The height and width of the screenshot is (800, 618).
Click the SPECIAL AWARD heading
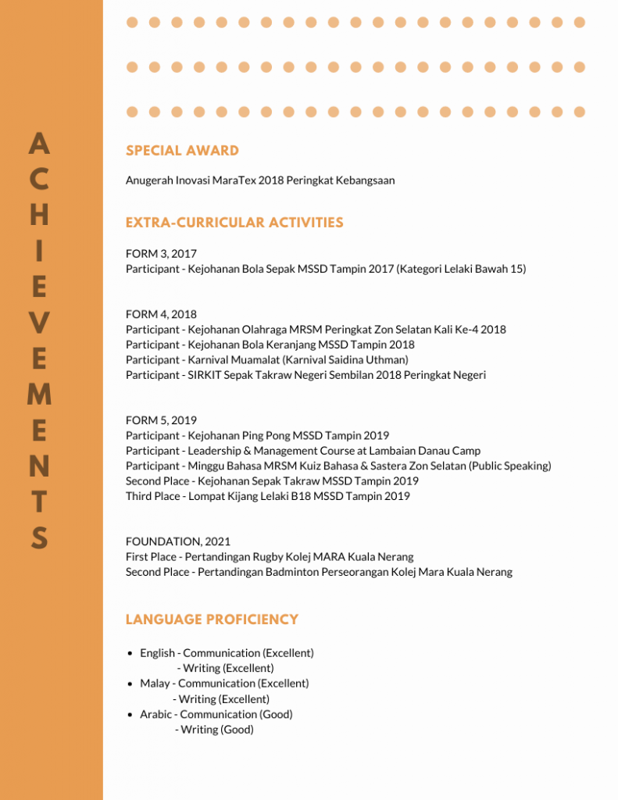[182, 151]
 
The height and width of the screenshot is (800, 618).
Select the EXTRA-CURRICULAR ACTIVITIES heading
[234, 223]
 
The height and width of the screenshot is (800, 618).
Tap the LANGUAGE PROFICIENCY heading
[212, 620]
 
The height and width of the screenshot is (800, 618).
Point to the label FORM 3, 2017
[161, 254]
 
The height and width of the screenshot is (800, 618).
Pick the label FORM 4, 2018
[161, 315]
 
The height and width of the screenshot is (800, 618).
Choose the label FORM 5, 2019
[161, 420]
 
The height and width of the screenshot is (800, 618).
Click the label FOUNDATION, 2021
[178, 541]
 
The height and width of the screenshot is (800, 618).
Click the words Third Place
[154, 496]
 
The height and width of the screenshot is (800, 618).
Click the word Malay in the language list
[154, 684]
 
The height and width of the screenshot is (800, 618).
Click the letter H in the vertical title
[39, 216]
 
